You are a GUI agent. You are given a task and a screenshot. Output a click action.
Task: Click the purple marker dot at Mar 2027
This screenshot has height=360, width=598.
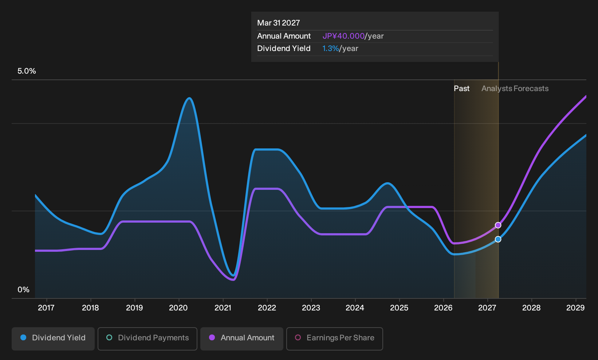(498, 225)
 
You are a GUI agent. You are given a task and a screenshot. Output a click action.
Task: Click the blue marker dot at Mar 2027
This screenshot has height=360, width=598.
(498, 239)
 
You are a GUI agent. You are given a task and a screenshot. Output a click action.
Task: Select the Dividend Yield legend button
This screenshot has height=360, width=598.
(53, 339)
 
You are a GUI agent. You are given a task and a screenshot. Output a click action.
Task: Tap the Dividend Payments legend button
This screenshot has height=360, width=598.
(147, 339)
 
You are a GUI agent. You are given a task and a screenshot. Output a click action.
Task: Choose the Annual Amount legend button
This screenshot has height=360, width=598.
(241, 339)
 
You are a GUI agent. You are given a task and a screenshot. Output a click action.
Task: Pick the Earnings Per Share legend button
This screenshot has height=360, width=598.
(334, 339)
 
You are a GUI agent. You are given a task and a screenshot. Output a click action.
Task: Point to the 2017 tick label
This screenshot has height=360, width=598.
(46, 308)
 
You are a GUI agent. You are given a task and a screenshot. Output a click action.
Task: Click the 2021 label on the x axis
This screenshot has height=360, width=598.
(223, 308)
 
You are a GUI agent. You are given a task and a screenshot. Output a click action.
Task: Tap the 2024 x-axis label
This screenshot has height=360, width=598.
(355, 308)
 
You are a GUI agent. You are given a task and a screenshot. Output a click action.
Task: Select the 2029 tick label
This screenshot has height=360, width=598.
(575, 308)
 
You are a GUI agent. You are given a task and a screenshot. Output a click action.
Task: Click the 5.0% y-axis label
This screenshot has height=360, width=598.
(27, 71)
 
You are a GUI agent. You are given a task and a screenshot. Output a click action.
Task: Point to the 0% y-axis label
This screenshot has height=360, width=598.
(24, 290)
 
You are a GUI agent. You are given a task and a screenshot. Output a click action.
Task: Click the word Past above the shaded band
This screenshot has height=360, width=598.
(461, 89)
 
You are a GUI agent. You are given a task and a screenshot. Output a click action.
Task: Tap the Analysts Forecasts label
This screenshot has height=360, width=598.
(515, 89)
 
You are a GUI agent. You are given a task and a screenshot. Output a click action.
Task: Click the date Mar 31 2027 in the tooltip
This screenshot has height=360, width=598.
(279, 23)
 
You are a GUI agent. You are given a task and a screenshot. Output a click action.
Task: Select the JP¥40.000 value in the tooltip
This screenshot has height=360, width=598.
(343, 36)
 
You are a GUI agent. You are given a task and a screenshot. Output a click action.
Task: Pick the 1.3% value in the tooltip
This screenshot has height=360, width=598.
(331, 48)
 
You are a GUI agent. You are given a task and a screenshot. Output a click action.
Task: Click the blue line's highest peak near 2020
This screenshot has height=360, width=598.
(189, 98)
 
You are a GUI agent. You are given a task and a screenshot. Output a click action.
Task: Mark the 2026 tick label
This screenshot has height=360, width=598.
(444, 308)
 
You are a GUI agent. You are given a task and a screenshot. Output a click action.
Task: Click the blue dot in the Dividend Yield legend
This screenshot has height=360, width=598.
(24, 337)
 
